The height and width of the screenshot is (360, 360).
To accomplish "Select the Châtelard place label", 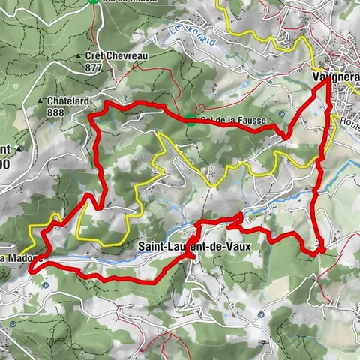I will coord(67,100).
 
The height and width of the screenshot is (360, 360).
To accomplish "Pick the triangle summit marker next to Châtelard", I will coord(40,100).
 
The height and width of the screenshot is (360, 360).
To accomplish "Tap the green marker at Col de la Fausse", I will coord(193,121).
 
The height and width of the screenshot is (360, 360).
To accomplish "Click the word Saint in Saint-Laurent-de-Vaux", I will coord(154,245).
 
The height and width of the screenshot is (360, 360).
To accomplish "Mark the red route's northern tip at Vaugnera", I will coord(327,80).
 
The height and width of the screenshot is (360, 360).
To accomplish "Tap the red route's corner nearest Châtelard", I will coord(91,116).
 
